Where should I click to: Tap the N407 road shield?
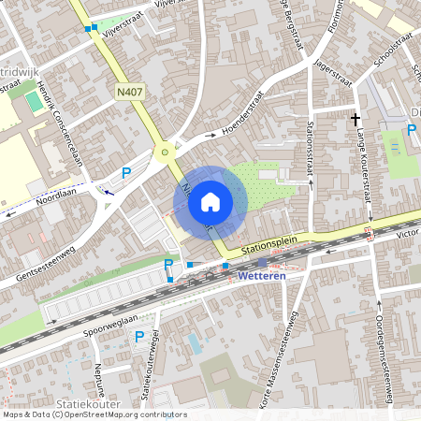pyautogui.click(x=130, y=92)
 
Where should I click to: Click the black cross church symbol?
pyautogui.click(x=355, y=119)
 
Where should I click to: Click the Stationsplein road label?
pyautogui.click(x=269, y=244)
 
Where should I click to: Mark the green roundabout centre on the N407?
pyautogui.click(x=166, y=152)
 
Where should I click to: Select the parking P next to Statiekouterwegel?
pyautogui.click(x=139, y=337)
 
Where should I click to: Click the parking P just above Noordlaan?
pyautogui.click(x=126, y=172)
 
